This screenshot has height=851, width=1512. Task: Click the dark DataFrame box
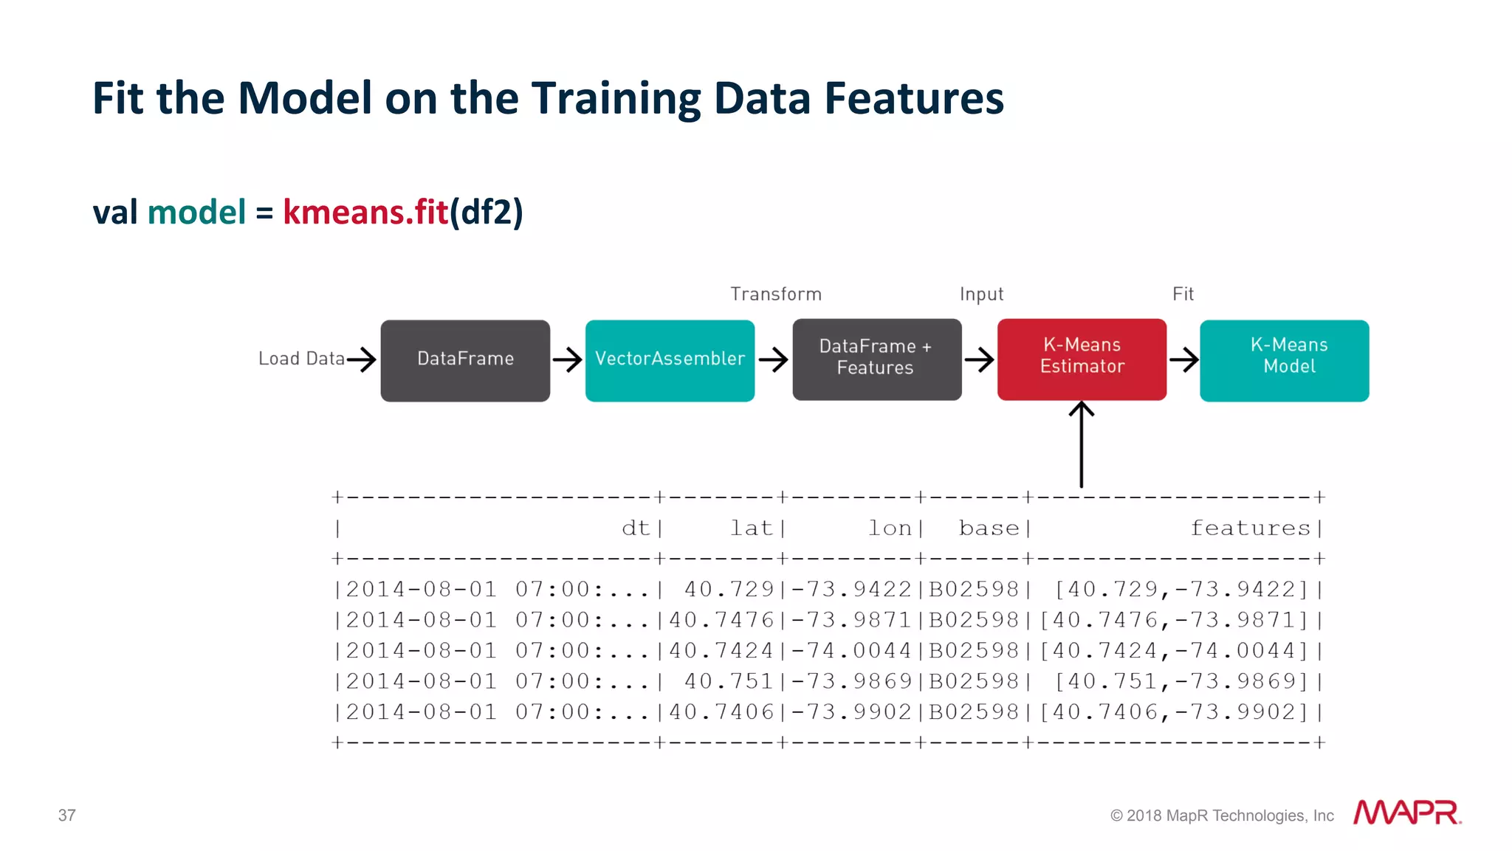pyautogui.click(x=465, y=360)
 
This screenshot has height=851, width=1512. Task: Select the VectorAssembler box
pyautogui.click(x=670, y=360)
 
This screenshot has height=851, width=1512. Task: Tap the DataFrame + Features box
pyautogui.click(x=876, y=359)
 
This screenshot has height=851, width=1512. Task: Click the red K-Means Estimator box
pyautogui.click(x=1082, y=359)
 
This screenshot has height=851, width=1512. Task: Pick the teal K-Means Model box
pyautogui.click(x=1284, y=360)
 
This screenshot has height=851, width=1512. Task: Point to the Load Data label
pyautogui.click(x=301, y=359)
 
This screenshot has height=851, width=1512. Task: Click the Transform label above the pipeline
pyautogui.click(x=775, y=294)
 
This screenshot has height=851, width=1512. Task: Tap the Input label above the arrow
pyautogui.click(x=981, y=294)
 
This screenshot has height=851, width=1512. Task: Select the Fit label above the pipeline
pyautogui.click(x=1183, y=294)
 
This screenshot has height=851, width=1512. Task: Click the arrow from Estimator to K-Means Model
pyautogui.click(x=1183, y=360)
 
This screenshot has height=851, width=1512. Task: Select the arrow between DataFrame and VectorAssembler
pyautogui.click(x=567, y=360)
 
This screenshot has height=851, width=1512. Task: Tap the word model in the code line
pyautogui.click(x=196, y=213)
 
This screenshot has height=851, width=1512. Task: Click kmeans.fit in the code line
pyautogui.click(x=365, y=213)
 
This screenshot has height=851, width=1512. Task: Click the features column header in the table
pyautogui.click(x=1250, y=528)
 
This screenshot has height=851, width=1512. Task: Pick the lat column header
pyautogui.click(x=751, y=528)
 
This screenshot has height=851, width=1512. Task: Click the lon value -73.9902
pyautogui.click(x=852, y=712)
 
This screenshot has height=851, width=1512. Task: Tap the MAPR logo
pyautogui.click(x=1406, y=813)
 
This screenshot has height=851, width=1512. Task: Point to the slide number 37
pyautogui.click(x=67, y=816)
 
